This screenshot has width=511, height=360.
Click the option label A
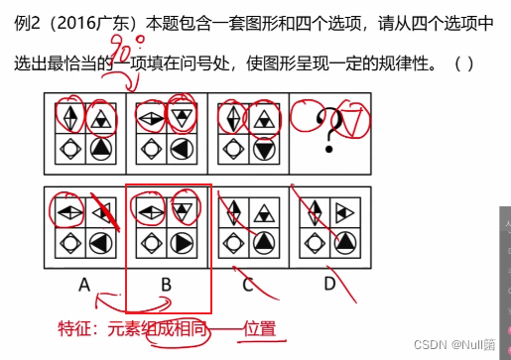pyautogui.click(x=85, y=286)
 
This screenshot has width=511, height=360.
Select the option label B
pyautogui.click(x=166, y=286)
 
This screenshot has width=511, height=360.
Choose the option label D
pyautogui.click(x=328, y=286)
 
